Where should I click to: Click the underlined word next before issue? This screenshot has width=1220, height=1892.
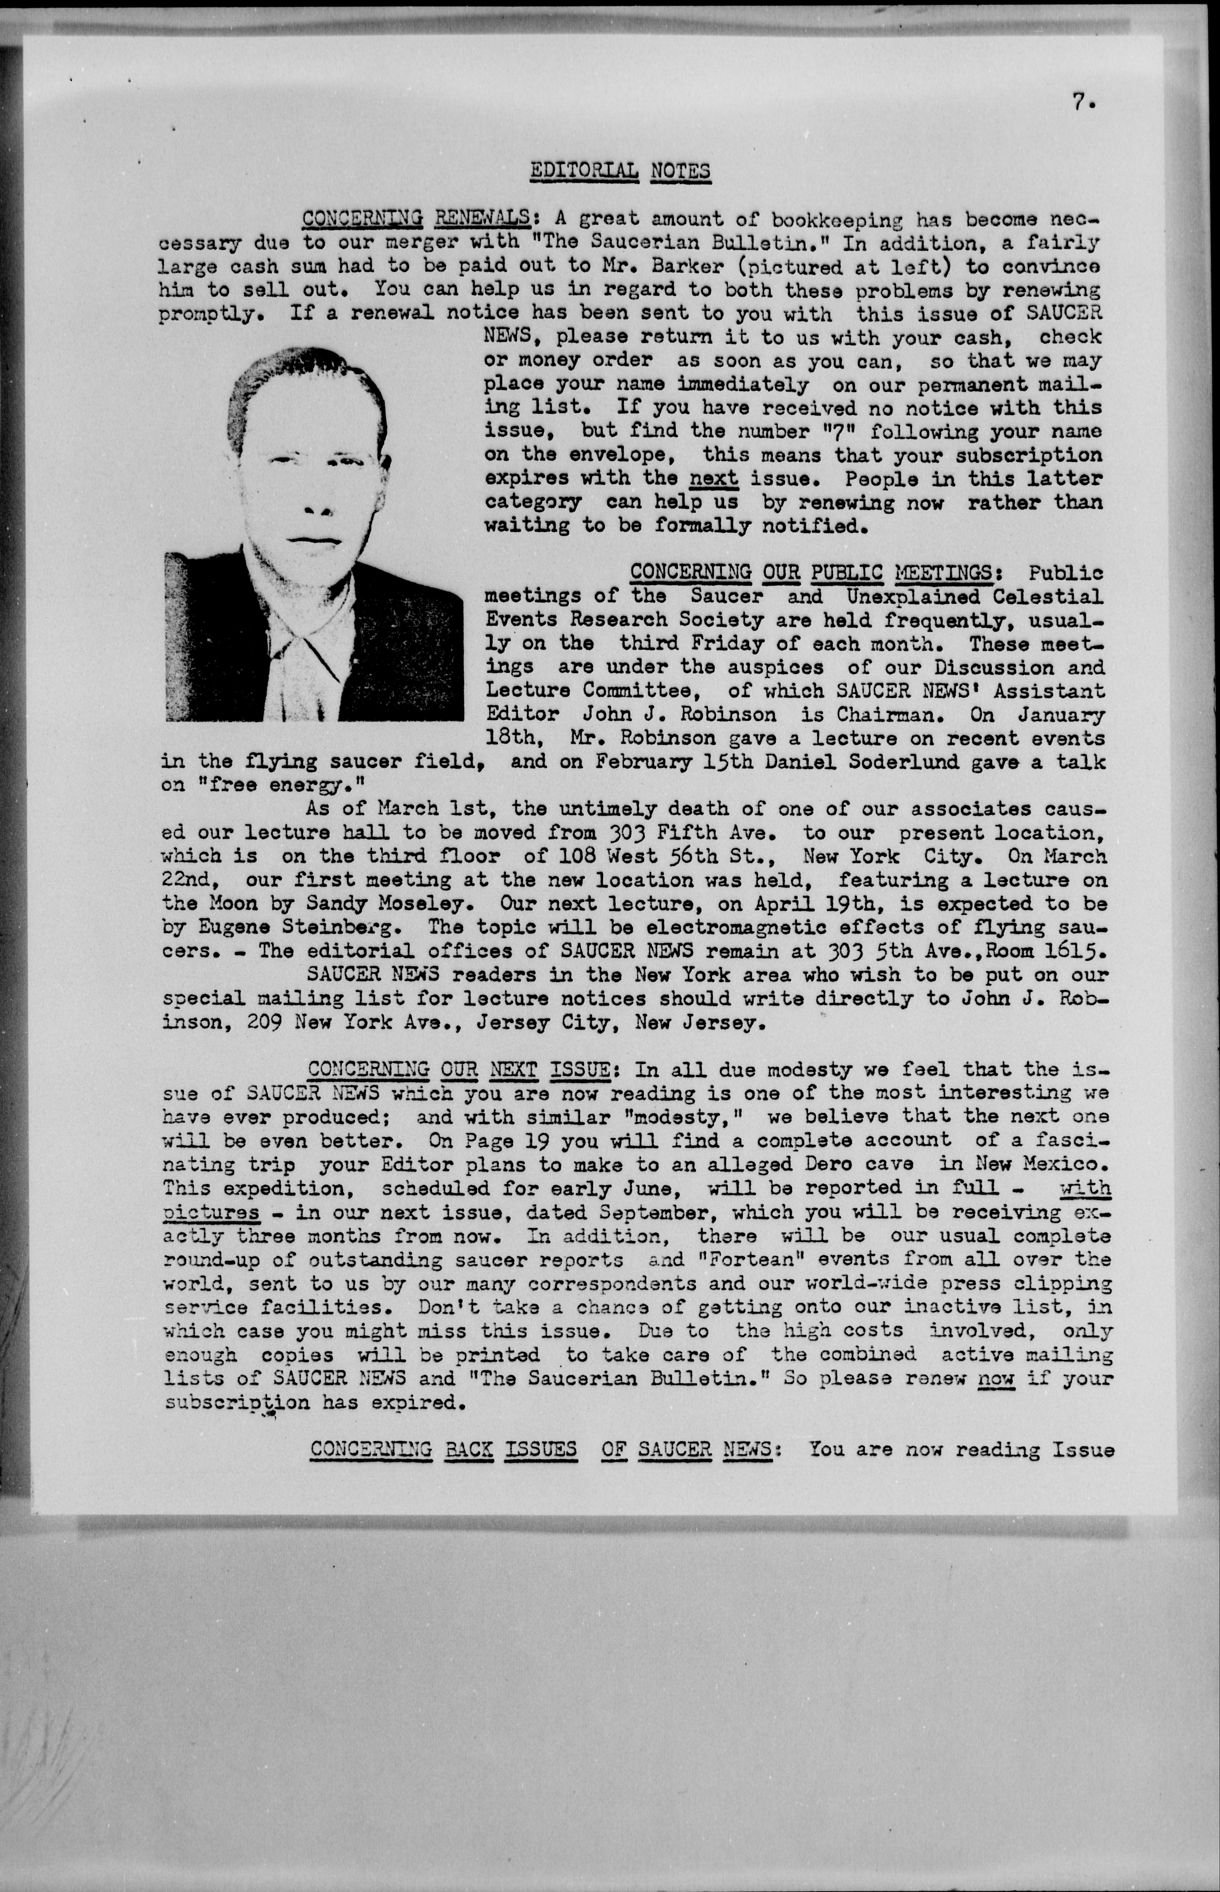[714, 479]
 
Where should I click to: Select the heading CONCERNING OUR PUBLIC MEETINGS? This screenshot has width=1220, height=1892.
[811, 572]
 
